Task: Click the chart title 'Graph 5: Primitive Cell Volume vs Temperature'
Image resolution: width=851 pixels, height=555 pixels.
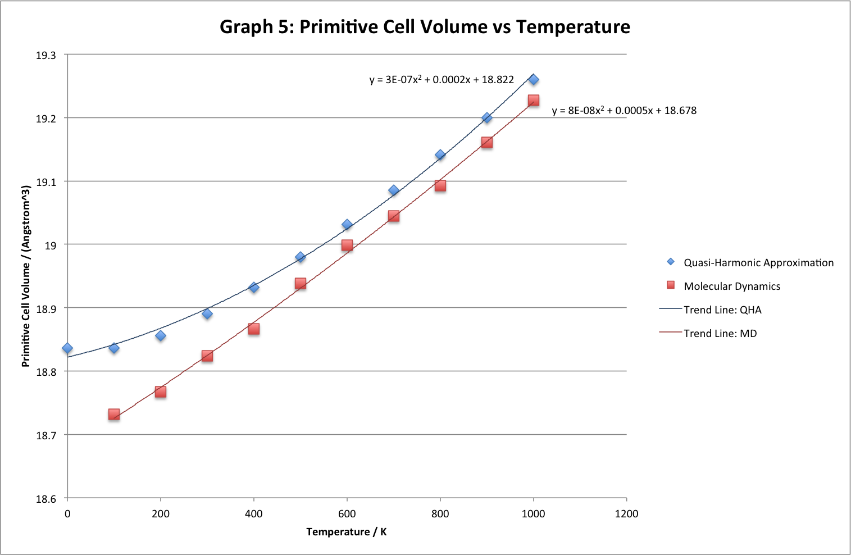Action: pyautogui.click(x=425, y=27)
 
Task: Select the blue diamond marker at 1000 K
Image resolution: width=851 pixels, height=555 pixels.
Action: pyautogui.click(x=534, y=80)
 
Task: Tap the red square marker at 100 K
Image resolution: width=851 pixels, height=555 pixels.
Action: pyautogui.click(x=114, y=415)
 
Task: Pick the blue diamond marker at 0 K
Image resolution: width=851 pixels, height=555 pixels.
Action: pyautogui.click(x=67, y=348)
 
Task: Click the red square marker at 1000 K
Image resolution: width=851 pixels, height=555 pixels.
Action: pyautogui.click(x=534, y=101)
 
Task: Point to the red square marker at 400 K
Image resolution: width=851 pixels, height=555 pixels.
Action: pyautogui.click(x=254, y=329)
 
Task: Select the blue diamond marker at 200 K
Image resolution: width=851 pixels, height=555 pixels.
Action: pyautogui.click(x=161, y=336)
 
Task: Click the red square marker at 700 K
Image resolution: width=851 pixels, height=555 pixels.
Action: pyautogui.click(x=394, y=216)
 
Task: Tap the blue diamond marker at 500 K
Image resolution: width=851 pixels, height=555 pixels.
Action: pyautogui.click(x=301, y=257)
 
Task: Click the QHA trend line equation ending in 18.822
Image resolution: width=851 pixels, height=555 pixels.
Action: pyautogui.click(x=442, y=80)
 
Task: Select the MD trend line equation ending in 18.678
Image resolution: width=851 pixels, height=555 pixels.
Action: pyautogui.click(x=624, y=111)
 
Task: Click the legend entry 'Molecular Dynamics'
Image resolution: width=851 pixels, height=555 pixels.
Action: pyautogui.click(x=732, y=286)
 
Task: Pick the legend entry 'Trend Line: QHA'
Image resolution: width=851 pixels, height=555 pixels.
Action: pyautogui.click(x=722, y=310)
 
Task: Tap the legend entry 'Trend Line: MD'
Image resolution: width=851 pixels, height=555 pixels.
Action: pyautogui.click(x=720, y=334)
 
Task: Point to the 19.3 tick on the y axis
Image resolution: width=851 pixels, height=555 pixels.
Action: pyautogui.click(x=46, y=55)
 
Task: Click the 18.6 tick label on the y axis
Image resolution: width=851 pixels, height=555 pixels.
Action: pyautogui.click(x=46, y=498)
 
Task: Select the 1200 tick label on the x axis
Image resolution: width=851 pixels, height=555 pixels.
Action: pyautogui.click(x=627, y=513)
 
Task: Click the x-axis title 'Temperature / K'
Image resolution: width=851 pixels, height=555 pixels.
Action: pyautogui.click(x=347, y=532)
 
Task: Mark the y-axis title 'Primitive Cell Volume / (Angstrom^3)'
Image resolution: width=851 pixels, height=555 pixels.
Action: pyautogui.click(x=26, y=276)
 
